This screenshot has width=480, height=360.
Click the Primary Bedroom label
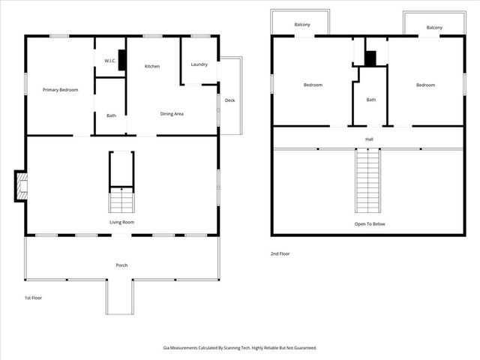tap(60, 90)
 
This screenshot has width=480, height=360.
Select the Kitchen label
tap(152, 67)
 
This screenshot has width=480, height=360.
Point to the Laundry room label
tap(199, 64)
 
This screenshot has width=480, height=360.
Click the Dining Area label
tap(172, 114)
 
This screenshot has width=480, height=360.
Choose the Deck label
tap(229, 100)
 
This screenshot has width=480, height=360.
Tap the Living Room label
tap(121, 222)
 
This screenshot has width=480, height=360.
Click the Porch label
tap(121, 265)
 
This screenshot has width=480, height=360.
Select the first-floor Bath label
tap(111, 115)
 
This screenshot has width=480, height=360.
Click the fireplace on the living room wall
tap(20, 187)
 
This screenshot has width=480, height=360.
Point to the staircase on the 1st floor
tap(121, 201)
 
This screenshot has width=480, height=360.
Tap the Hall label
tap(369, 139)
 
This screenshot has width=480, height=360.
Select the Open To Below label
tap(369, 224)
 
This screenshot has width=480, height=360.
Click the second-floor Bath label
tap(370, 100)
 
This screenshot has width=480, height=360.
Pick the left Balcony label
tap(302, 25)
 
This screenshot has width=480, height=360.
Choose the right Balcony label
tap(434, 28)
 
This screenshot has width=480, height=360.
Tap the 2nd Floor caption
tap(280, 253)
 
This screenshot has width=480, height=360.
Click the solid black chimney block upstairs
tap(370, 58)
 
